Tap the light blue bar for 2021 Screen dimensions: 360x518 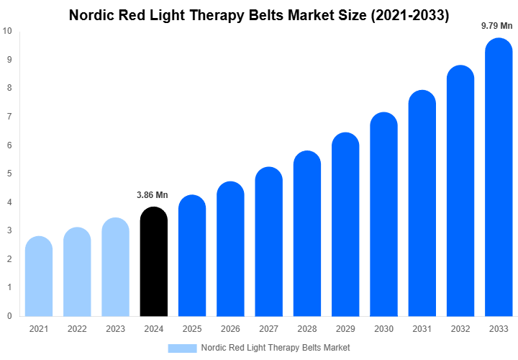point(39,276)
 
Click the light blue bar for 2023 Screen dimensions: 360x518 point(115,267)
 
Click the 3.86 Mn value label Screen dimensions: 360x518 point(153,195)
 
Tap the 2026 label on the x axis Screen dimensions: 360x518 point(230,329)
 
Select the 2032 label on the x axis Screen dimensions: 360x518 point(460,329)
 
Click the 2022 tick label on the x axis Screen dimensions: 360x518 point(77,329)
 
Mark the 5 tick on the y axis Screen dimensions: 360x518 point(9,174)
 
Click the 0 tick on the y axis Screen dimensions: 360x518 point(9,316)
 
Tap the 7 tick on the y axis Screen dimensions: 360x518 point(9,117)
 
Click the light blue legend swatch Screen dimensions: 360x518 point(182,348)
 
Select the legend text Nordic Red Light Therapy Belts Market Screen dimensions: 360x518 point(276,348)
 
